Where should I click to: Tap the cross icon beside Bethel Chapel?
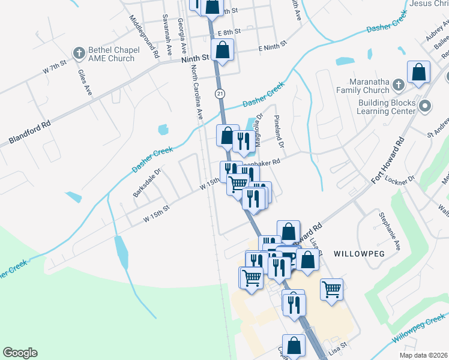pos(79,53)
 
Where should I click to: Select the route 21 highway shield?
pos(220,93)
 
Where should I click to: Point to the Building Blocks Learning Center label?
pos(386,107)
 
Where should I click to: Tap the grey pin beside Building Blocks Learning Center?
pos(426,107)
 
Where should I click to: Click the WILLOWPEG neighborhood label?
pos(358,253)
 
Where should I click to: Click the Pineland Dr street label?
pos(279,133)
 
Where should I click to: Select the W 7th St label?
pos(54,68)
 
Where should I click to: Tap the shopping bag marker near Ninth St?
pos(222,51)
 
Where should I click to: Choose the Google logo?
pos(20,353)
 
